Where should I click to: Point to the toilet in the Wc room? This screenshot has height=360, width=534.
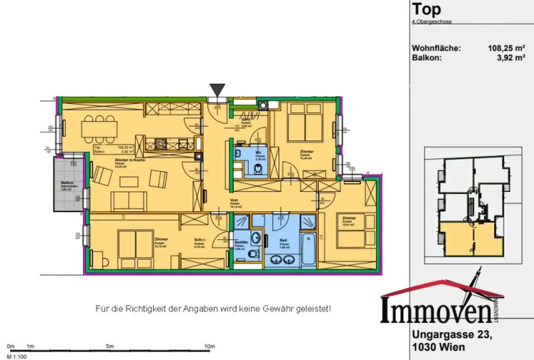258,169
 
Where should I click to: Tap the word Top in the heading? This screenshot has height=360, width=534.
426,9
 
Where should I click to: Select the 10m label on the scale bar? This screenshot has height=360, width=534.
209,346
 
